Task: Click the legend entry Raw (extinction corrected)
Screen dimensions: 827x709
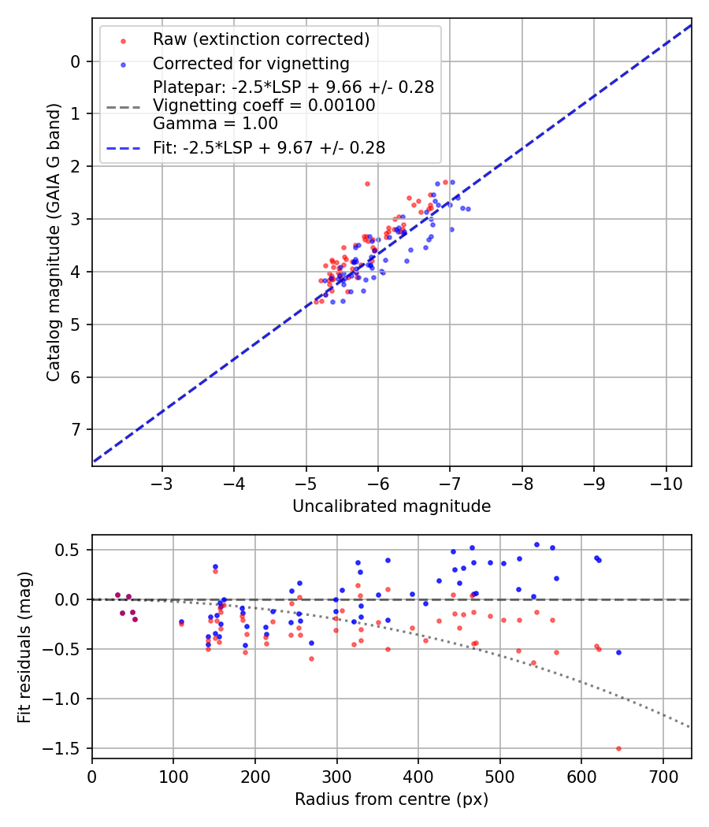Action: coord(261,39)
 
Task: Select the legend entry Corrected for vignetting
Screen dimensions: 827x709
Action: coord(251,63)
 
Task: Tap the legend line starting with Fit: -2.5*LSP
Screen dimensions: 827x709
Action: coord(269,147)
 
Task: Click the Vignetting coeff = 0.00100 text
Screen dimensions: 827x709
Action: coord(264,106)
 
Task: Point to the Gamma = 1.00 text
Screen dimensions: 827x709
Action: coord(215,124)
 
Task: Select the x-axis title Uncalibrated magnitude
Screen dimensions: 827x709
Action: coord(392,506)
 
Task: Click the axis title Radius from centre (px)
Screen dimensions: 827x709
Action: coord(392,799)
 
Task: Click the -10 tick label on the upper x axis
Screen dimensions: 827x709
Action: coord(666,482)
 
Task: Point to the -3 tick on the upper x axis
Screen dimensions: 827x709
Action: coord(162,482)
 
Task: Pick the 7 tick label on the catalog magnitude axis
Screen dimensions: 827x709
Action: coord(75,429)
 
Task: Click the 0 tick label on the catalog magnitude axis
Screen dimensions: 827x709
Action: coord(75,61)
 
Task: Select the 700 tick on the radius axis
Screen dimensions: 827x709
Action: coord(663,775)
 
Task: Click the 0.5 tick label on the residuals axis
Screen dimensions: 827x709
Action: coord(72,550)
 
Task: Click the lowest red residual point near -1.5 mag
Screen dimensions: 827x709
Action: coord(618,748)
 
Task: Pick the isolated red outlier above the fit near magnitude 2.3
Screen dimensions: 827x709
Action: coord(367,184)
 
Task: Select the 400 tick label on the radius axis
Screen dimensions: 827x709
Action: coord(418,775)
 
